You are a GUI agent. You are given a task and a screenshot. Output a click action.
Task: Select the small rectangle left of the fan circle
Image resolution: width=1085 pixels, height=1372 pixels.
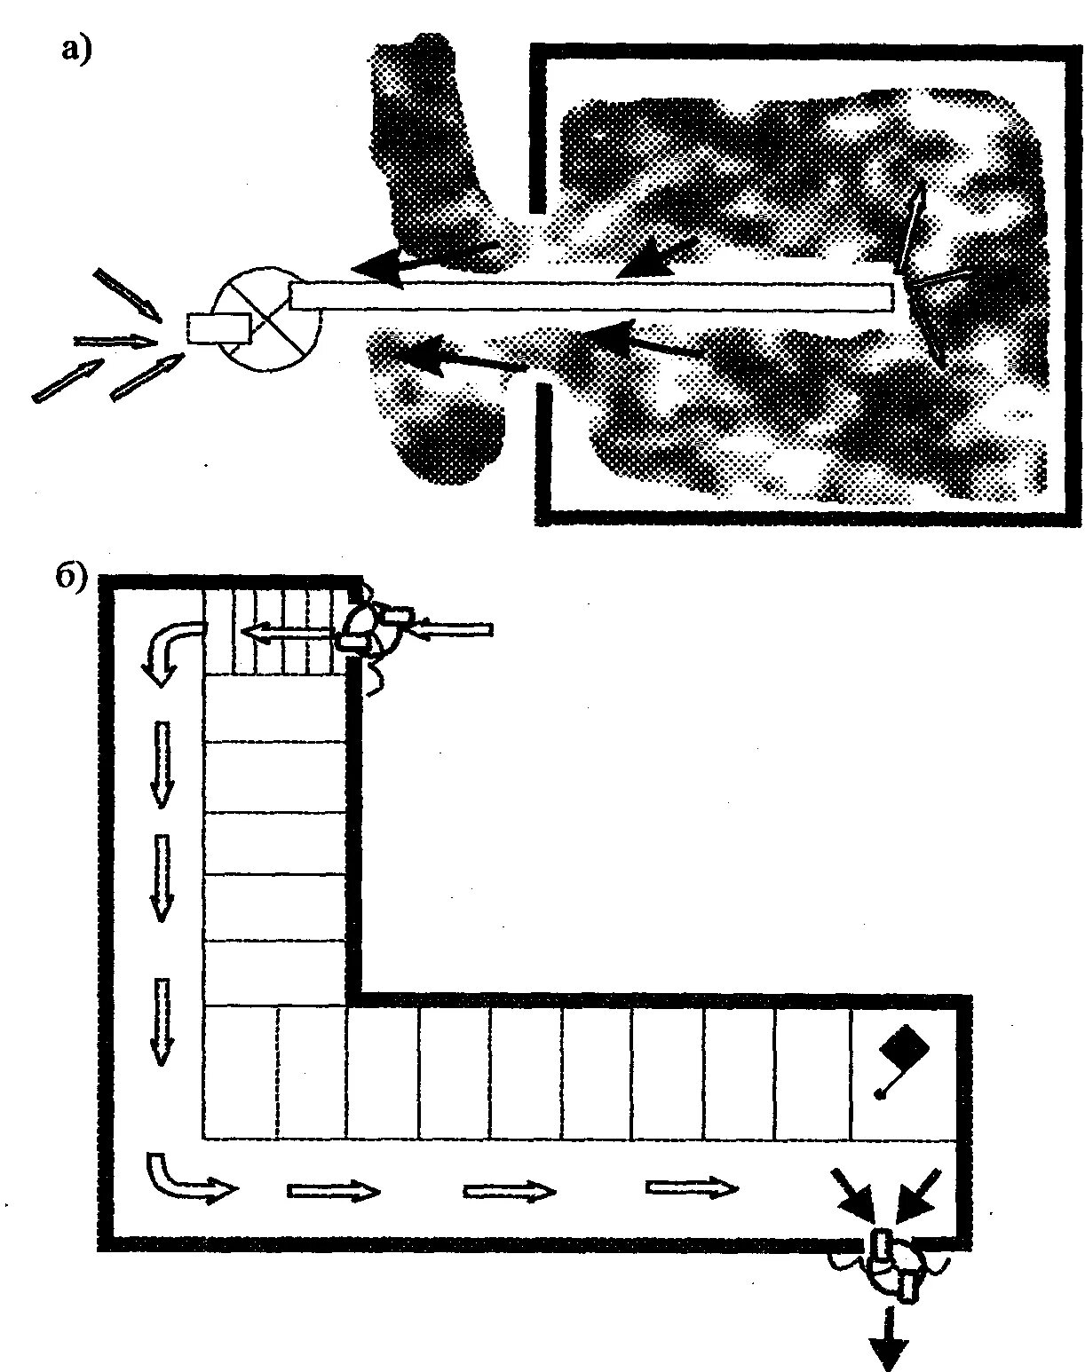point(218,328)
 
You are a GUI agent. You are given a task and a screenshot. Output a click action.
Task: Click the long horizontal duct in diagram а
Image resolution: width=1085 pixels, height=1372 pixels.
point(590,296)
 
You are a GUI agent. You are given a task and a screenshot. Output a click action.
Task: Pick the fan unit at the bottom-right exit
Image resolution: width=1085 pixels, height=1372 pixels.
point(893,1267)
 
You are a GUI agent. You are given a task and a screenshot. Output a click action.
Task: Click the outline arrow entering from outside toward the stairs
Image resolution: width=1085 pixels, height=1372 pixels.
point(453,629)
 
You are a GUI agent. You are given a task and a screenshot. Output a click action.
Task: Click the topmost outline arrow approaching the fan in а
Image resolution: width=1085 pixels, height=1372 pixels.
point(128,294)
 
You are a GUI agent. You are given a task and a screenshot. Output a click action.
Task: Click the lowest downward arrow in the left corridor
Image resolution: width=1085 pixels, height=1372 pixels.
point(161,1021)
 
